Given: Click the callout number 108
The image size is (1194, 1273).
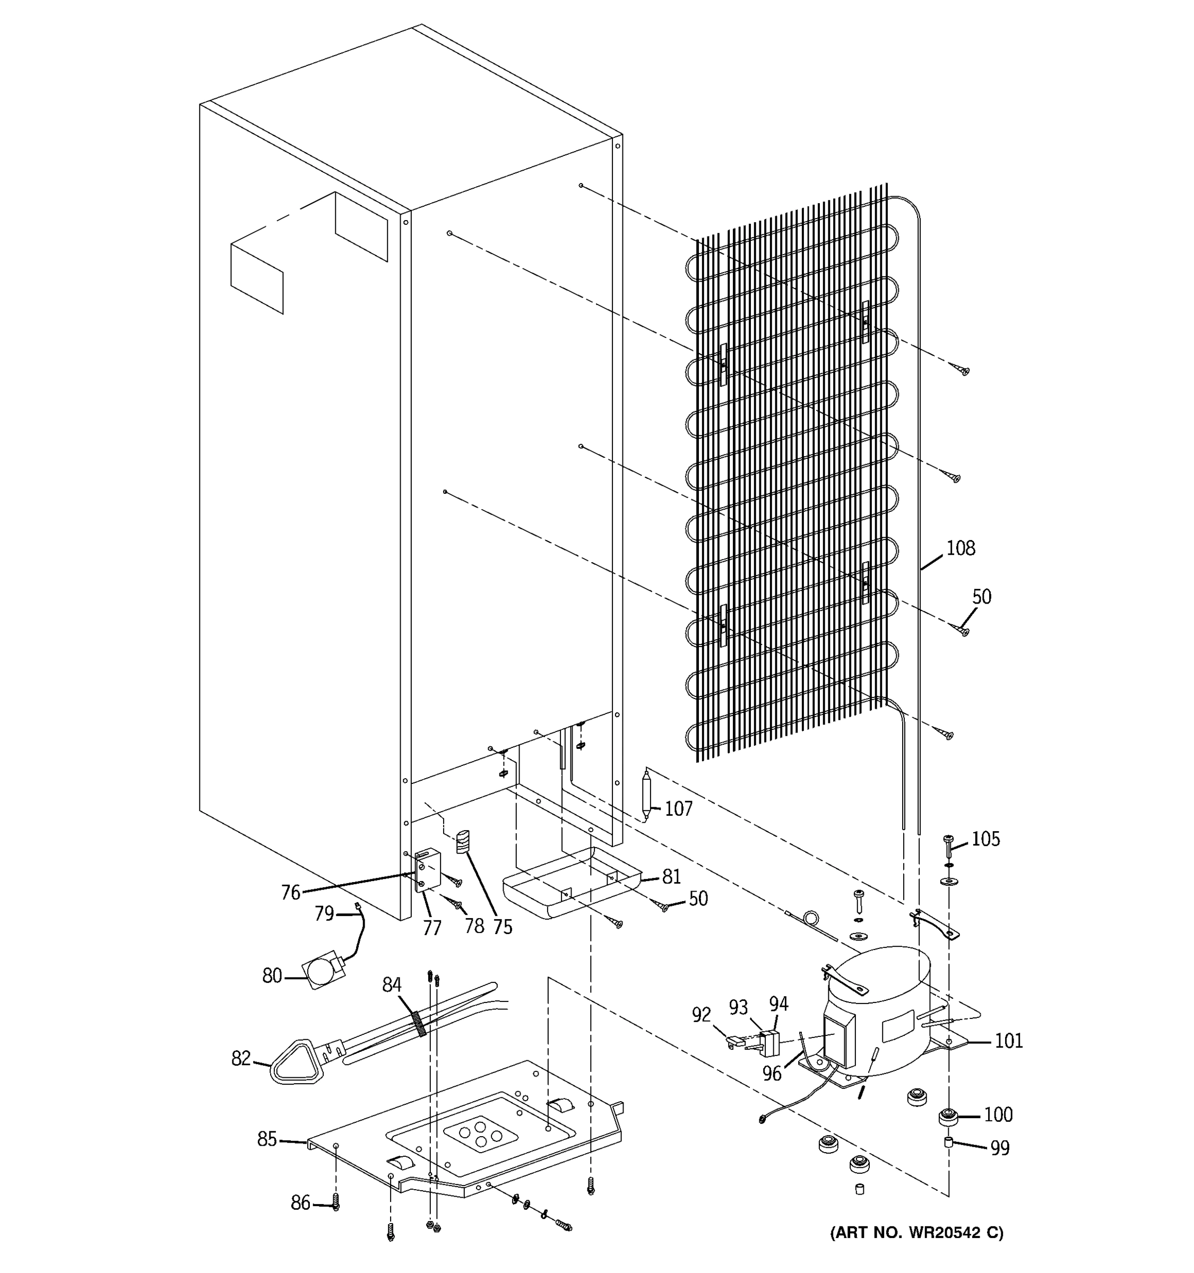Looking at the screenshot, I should tap(960, 548).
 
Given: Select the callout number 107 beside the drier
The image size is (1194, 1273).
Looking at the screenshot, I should tap(678, 809).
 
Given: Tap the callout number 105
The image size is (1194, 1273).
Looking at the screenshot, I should tap(985, 839).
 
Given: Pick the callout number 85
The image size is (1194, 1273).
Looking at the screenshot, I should tap(267, 1139).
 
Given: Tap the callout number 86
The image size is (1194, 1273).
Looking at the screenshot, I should tap(300, 1203).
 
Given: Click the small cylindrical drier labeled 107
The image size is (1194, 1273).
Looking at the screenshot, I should tap(647, 794).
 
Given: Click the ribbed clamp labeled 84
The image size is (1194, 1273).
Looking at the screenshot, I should tap(419, 1023).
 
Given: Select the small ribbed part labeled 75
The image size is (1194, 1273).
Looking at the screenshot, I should tap(463, 841).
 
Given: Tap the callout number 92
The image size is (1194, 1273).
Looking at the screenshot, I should tap(702, 1015).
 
